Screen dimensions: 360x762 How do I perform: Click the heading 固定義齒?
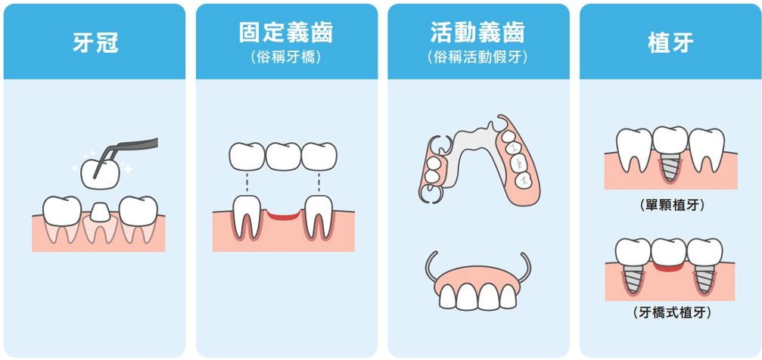coord(286,33)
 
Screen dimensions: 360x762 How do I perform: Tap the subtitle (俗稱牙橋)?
coord(286,57)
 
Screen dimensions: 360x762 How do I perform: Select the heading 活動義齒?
coord(477,33)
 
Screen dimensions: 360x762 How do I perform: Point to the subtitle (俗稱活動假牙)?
coord(477,57)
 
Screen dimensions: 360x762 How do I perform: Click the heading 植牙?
coord(670,42)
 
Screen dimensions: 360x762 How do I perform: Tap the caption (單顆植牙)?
coord(670,205)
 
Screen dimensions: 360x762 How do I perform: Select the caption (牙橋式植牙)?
coord(670,311)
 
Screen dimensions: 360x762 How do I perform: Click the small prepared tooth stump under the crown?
coord(99,212)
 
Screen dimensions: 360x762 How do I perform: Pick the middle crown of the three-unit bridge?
coord(283,157)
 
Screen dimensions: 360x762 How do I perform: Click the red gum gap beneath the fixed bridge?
coord(283,216)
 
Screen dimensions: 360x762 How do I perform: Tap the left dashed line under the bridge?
coord(247,182)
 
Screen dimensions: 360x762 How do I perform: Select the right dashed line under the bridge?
coord(319,182)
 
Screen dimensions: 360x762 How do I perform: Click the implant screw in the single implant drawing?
coord(670,167)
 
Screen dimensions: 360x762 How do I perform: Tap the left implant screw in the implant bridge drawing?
coord(633,279)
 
